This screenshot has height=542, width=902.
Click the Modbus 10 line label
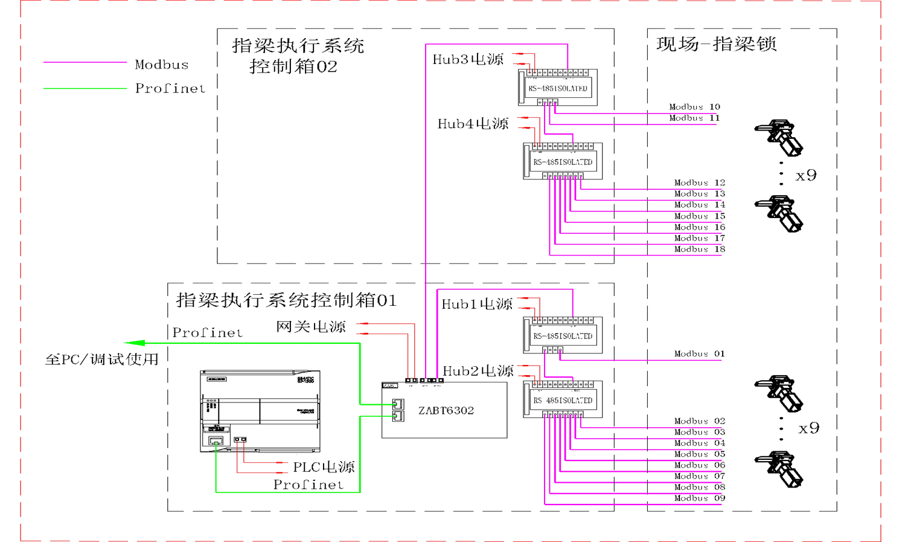tap(694, 107)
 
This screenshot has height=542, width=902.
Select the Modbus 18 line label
tap(699, 249)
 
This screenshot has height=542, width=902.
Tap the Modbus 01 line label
tap(699, 353)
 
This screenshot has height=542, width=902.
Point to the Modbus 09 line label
tap(699, 498)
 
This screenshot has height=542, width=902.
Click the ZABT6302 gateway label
tap(446, 410)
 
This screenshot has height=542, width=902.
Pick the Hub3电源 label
tap(468, 59)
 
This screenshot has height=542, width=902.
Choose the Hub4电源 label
tap(473, 124)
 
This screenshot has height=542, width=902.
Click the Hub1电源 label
tap(477, 304)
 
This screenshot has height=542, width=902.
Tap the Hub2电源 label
tap(478, 370)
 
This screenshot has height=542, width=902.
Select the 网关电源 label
tap(311, 327)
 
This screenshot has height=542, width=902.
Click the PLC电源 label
tap(324, 466)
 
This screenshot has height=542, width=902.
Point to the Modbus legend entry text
tap(161, 65)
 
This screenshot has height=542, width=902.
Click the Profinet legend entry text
tap(170, 88)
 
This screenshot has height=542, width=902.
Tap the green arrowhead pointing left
tap(134, 343)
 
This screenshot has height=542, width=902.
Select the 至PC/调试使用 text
tap(102, 360)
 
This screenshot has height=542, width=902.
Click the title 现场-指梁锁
tap(716, 44)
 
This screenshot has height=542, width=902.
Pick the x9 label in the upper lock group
tap(806, 175)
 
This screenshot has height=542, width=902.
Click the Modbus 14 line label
tap(699, 205)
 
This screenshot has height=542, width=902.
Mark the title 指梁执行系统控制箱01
tap(286, 300)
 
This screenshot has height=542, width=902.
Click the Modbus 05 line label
tap(699, 454)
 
